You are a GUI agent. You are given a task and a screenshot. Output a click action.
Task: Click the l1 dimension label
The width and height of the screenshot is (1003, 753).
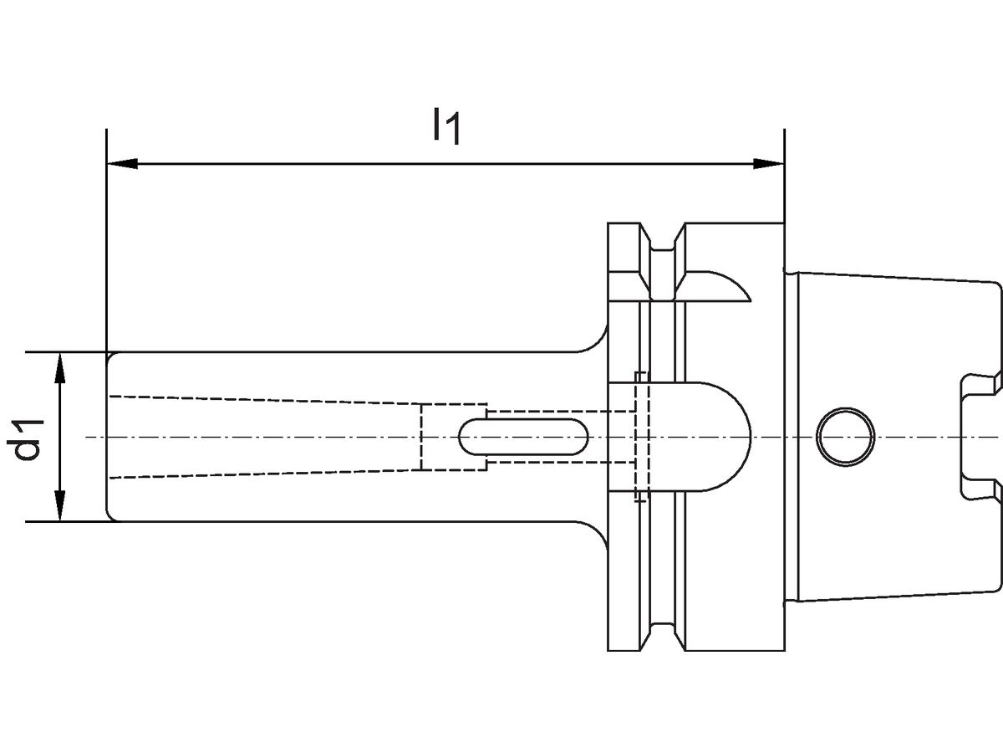pyautogui.click(x=445, y=125)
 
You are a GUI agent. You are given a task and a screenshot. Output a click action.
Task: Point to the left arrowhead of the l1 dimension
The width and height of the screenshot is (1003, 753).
pyautogui.click(x=122, y=163)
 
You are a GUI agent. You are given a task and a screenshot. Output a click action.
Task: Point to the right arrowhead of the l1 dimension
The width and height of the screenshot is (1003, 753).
pyautogui.click(x=769, y=163)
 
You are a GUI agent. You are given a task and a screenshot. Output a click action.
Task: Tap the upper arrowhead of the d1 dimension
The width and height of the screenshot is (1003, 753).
pyautogui.click(x=59, y=368)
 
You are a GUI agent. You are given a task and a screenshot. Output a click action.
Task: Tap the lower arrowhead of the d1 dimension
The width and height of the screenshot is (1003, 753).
pyautogui.click(x=59, y=506)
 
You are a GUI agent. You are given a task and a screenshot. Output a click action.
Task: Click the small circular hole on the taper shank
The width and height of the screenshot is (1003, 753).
pyautogui.click(x=846, y=438)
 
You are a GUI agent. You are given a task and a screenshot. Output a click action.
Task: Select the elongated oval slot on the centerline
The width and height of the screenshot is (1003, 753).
pyautogui.click(x=525, y=438)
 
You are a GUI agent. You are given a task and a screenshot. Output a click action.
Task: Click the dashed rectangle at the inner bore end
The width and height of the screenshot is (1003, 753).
pyautogui.click(x=452, y=438)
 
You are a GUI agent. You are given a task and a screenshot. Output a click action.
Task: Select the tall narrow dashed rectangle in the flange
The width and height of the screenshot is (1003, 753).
pyautogui.click(x=641, y=437)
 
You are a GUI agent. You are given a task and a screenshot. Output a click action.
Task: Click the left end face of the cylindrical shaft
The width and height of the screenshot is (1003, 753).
pyautogui.click(x=108, y=438)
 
